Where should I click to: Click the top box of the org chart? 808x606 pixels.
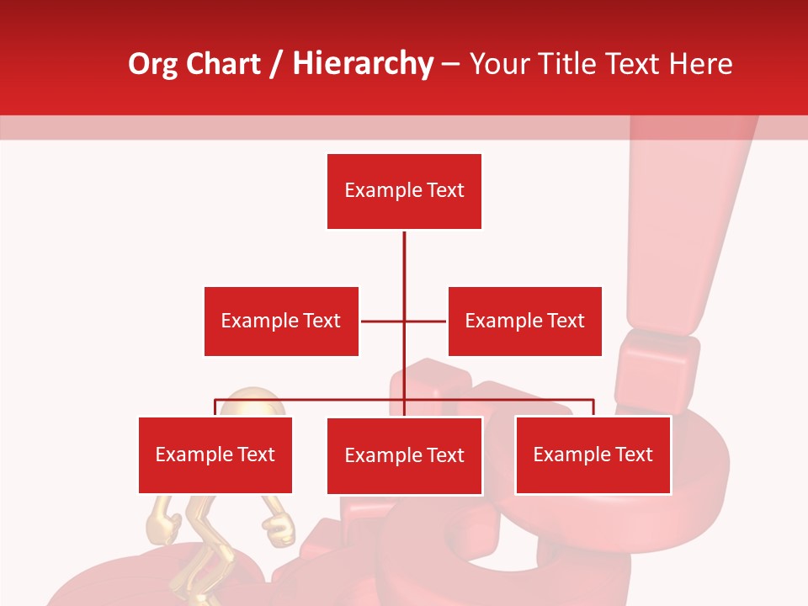coord(404,191)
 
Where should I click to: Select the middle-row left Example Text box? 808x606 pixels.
coord(281,321)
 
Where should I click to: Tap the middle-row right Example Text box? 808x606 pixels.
coord(524,321)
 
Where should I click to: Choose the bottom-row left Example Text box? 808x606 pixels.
coord(215,454)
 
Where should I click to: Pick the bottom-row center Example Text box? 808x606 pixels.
coord(404,455)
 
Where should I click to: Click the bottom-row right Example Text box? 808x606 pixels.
coord(593,454)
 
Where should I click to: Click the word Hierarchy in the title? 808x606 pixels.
coord(362,64)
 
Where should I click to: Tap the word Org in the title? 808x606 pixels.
coord(152,64)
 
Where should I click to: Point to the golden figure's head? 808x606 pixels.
coord(252,404)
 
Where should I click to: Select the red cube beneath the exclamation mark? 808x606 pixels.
coord(656,370)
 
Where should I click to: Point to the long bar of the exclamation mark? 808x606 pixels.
coord(682,236)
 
